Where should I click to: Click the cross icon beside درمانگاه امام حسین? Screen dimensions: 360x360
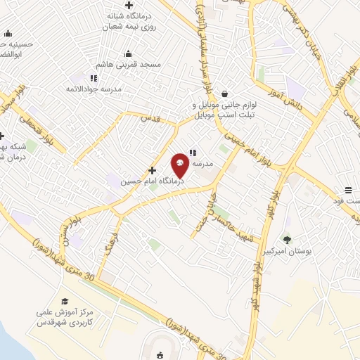(152, 170)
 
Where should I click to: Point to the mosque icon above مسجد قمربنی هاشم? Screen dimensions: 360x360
(129, 53)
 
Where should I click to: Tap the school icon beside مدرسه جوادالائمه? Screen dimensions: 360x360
(93, 77)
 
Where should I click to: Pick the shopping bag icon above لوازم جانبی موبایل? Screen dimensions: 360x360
(224, 94)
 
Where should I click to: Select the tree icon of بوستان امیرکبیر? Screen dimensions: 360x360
(285, 239)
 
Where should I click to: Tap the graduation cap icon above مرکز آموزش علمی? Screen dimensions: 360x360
(65, 302)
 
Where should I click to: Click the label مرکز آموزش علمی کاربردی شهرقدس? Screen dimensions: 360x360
(65, 317)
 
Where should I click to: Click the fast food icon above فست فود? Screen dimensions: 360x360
(348, 189)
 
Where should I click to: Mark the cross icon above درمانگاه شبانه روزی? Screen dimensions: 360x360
(127, 6)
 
